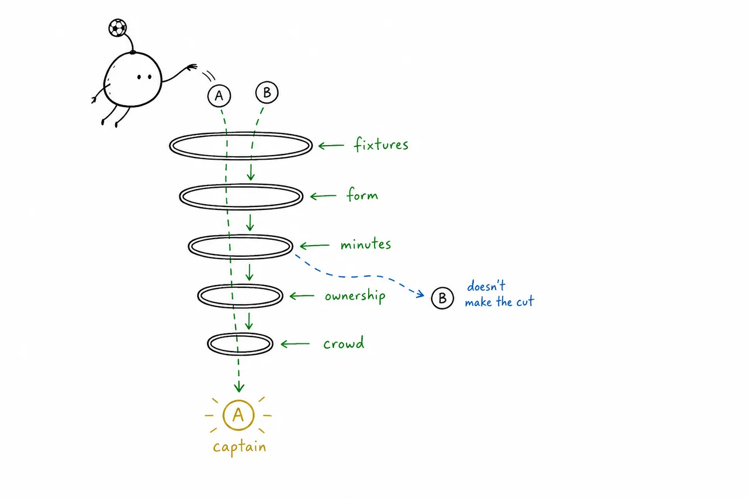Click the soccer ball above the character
tap(117, 27)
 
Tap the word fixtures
tap(381, 144)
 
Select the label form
tap(363, 194)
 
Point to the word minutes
tap(366, 244)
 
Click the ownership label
tap(355, 296)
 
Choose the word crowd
tap(344, 343)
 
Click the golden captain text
tap(240, 447)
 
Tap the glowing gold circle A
tap(238, 415)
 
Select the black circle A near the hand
tap(219, 95)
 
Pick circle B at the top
tap(267, 92)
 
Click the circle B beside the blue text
tap(442, 298)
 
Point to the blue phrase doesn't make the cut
tap(500, 294)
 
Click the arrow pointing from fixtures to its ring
tap(331, 146)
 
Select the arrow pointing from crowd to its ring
tap(295, 344)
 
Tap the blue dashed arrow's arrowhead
tap(421, 294)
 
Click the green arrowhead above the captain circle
tap(239, 388)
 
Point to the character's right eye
tap(150, 77)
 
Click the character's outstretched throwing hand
tap(192, 67)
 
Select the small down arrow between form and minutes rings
tap(250, 223)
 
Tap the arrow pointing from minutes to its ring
tap(314, 246)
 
